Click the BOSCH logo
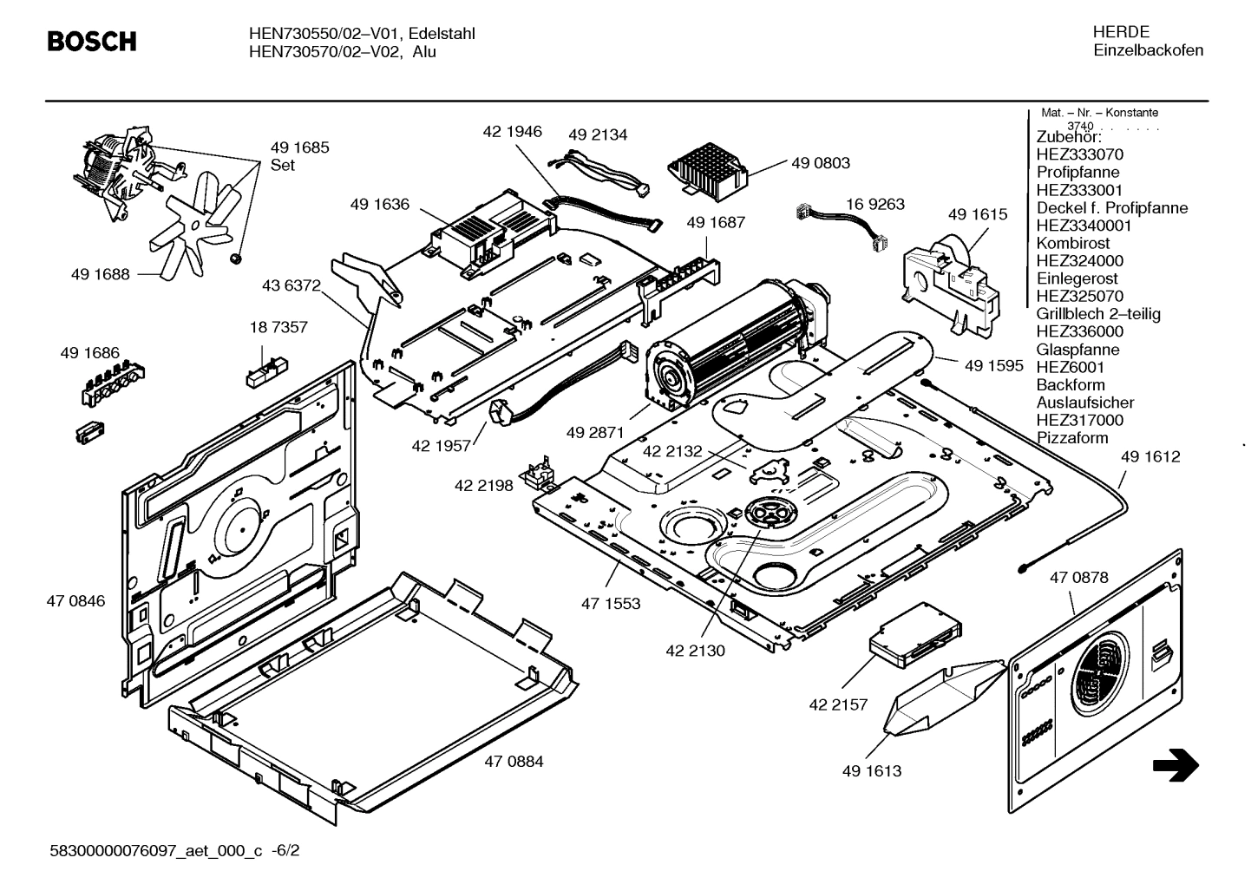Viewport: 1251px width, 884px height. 91,41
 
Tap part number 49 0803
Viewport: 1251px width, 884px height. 820,163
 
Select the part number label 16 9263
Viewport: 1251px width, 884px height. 874,204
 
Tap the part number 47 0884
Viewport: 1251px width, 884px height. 514,762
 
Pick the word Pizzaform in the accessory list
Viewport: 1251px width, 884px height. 1072,438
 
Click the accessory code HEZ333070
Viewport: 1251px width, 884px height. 1079,154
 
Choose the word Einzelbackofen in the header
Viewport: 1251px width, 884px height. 1148,50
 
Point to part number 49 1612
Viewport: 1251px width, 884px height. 1149,457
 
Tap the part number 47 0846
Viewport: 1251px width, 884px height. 75,601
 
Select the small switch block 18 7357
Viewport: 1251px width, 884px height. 264,367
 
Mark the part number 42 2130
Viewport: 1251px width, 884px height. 695,651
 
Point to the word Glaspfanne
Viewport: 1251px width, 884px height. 1077,350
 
